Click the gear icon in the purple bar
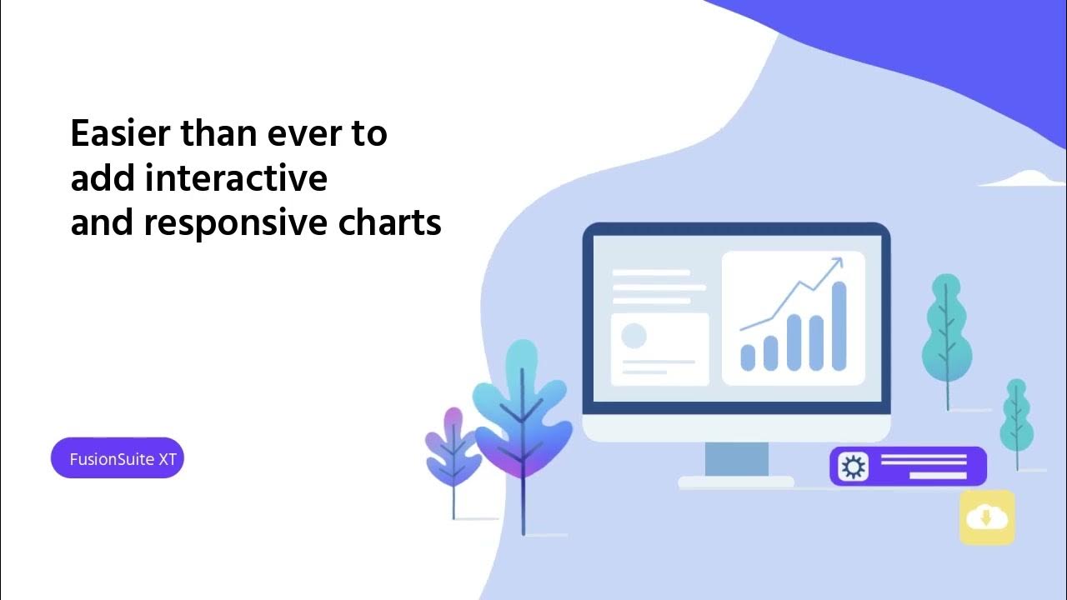pyautogui.click(x=853, y=467)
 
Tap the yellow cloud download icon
pyautogui.click(x=987, y=517)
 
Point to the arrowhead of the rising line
pyautogui.click(x=836, y=263)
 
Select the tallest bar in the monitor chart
pyautogui.click(x=839, y=326)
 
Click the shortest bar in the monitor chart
pyautogui.click(x=748, y=357)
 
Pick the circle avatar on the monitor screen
pyautogui.click(x=634, y=336)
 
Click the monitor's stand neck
pyautogui.click(x=737, y=459)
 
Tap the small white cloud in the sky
pyautogui.click(x=1025, y=177)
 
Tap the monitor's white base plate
pyautogui.click(x=736, y=482)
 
